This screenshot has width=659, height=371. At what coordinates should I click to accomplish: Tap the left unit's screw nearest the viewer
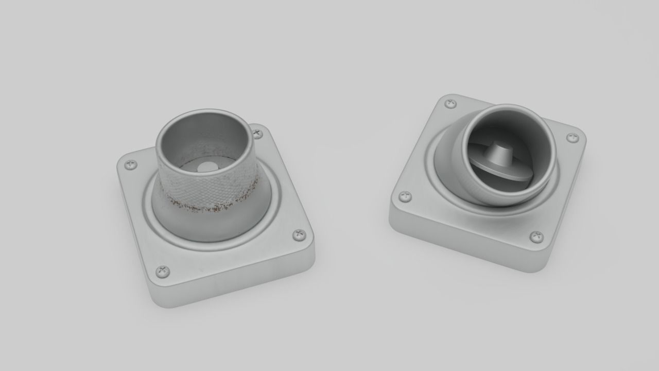pyautogui.click(x=162, y=271)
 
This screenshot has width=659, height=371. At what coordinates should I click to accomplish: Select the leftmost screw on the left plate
pyautogui.click(x=131, y=165)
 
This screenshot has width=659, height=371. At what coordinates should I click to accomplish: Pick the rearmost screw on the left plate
pyautogui.click(x=257, y=133)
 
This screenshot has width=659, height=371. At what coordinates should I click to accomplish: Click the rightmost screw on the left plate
pyautogui.click(x=299, y=235)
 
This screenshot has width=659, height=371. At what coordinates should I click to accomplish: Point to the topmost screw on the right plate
pyautogui.click(x=450, y=104)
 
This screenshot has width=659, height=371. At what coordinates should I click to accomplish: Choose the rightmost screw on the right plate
pyautogui.click(x=573, y=138)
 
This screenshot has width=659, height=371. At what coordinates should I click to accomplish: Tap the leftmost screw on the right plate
pyautogui.click(x=406, y=196)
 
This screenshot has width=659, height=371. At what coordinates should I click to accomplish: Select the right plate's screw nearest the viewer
pyautogui.click(x=536, y=237)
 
